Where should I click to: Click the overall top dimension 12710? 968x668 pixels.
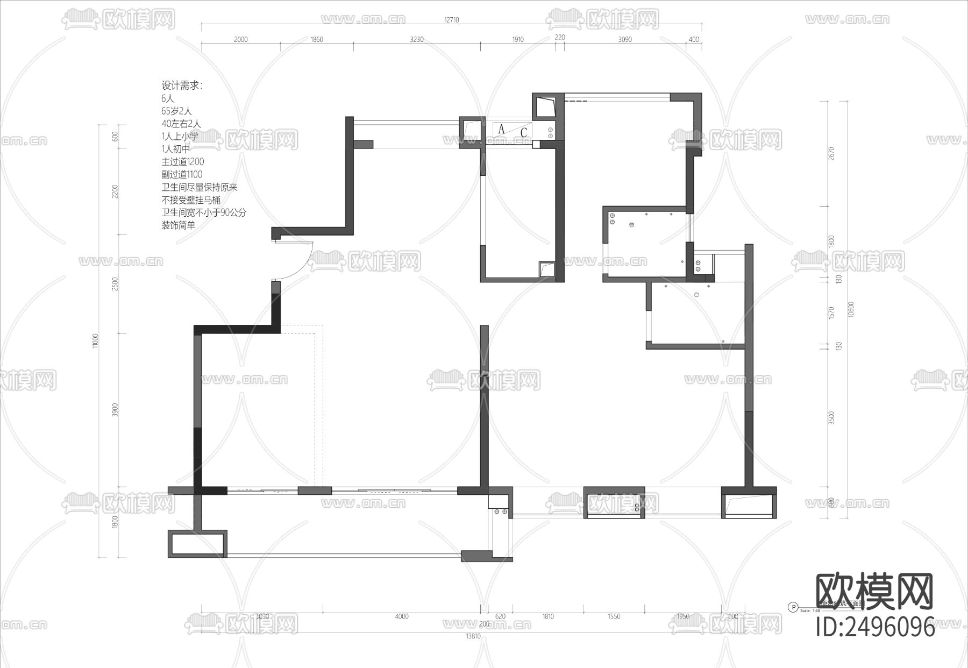451,20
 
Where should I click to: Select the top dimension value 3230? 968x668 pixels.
417,39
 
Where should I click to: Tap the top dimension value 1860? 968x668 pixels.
317,39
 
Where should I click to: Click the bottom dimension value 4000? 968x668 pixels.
402,616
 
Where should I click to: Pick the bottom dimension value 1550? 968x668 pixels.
614,616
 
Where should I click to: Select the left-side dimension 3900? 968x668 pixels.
115,409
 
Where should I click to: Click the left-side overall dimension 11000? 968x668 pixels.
96,340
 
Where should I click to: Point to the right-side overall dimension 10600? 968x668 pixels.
850,309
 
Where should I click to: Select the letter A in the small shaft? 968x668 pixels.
502,129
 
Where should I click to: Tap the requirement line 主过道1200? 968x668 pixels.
183,161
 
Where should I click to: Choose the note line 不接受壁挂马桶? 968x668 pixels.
191,200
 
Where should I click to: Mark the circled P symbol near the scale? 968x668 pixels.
793,607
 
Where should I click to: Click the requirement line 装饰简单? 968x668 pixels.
179,225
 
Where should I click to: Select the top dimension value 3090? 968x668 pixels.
625,39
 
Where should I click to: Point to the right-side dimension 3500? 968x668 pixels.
831,418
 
